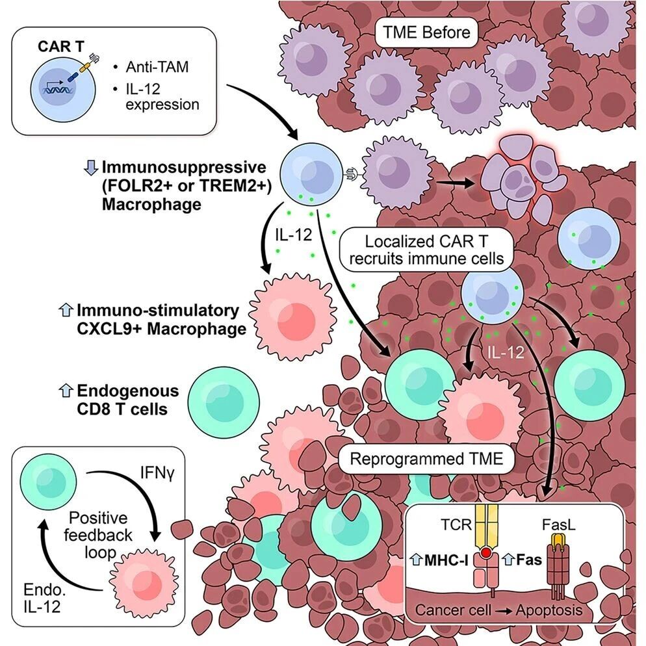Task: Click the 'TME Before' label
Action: [x=425, y=31]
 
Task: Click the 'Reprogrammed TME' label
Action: [x=426, y=459]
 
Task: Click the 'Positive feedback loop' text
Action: [x=100, y=536]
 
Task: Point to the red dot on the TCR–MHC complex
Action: [x=484, y=553]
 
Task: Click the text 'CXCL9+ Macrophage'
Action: [x=161, y=329]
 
